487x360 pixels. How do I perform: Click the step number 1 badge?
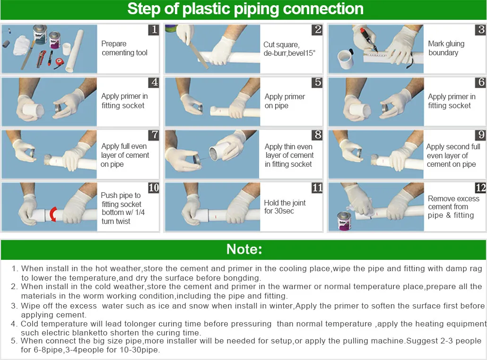(154, 29)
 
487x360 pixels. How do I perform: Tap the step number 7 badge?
(154, 135)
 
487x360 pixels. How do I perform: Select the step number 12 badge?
(480, 188)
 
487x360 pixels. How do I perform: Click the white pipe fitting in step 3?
(345, 59)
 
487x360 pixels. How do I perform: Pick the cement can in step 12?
(344, 221)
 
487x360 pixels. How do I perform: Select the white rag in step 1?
(22, 44)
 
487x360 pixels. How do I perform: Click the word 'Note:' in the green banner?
(244, 249)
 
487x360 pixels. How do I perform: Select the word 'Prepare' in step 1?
(114, 44)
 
